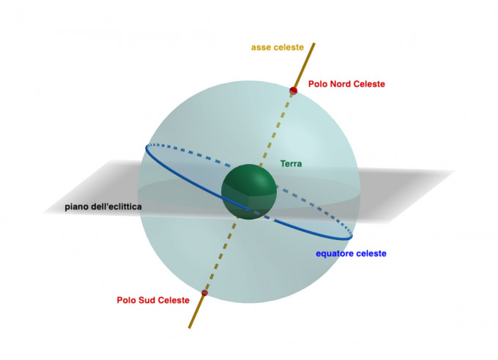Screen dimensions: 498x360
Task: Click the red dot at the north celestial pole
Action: point(294,91)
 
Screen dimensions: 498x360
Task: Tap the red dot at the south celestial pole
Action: point(205,293)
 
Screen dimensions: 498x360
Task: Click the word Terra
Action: point(291,164)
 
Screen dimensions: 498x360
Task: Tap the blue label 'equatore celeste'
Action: point(351,254)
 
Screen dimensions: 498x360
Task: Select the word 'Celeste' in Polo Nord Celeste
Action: point(368,84)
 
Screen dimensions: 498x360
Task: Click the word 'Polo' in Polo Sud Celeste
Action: point(127,300)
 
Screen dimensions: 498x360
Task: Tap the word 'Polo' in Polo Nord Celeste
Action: point(319,84)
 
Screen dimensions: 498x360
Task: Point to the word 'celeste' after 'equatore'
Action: point(372,254)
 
